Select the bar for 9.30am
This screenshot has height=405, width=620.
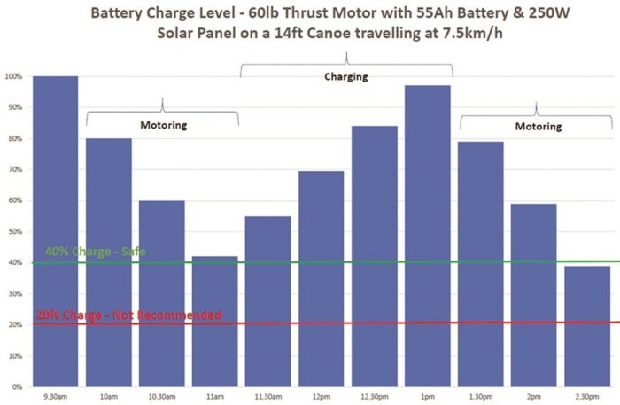[55, 230]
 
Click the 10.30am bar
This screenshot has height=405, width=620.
[161, 292]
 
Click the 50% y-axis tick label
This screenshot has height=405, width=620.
[14, 231]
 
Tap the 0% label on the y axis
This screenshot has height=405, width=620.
[16, 387]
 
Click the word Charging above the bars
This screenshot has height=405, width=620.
[345, 77]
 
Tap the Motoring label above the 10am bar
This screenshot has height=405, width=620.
[165, 125]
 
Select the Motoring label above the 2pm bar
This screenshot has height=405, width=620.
[539, 126]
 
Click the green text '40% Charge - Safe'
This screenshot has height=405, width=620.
[96, 252]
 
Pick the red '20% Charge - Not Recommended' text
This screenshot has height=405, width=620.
[128, 315]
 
